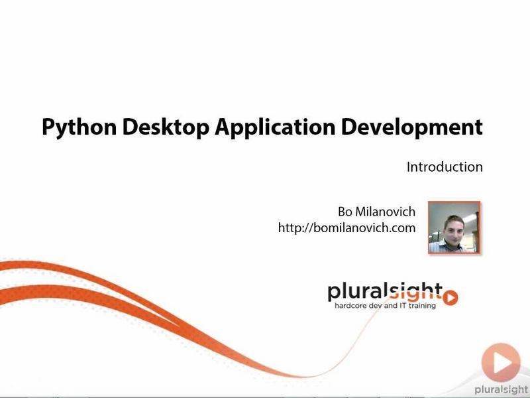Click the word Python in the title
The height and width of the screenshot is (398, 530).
coord(79,127)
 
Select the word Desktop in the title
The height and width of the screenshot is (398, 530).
coord(165,127)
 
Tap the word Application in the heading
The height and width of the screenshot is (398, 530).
coord(275,127)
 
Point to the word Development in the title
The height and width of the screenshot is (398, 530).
coord(411,127)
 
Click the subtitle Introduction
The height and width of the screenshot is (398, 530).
coord(445,167)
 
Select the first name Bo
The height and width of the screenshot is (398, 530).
coord(345,212)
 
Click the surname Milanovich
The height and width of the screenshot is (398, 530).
coord(386,212)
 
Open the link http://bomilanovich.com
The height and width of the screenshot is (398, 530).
coord(346,228)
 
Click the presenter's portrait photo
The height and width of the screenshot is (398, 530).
coord(454,228)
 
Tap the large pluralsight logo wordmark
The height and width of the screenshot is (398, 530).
coord(385,292)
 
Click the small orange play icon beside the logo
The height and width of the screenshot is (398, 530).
coord(450,297)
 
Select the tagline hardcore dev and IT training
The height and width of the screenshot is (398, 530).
coord(385,306)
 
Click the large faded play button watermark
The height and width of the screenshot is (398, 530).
coord(501,362)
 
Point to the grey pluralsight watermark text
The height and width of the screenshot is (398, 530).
coord(502,390)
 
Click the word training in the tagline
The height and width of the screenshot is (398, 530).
coord(422,306)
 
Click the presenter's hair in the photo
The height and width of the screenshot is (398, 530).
coord(453,220)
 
